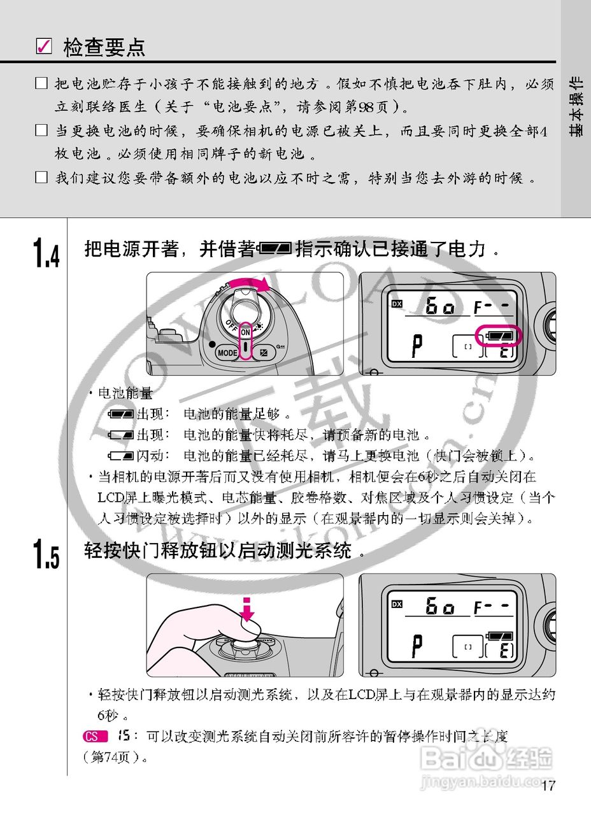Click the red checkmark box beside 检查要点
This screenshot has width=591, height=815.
43,47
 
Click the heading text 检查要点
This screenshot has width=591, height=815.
104,47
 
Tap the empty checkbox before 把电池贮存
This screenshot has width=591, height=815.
41,83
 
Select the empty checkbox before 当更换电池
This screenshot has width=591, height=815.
41,131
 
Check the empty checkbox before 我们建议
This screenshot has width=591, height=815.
41,178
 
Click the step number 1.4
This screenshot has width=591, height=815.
46,253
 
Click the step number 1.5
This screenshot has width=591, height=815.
46,553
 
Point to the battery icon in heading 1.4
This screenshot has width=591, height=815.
276,249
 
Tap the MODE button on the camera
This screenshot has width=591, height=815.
227,352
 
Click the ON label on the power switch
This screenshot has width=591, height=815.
245,332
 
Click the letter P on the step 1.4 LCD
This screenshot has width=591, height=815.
417,346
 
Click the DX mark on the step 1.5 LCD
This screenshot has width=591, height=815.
397,604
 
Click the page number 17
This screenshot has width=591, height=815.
548,786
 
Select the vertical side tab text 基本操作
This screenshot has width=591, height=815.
576,106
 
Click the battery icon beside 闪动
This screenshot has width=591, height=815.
120,456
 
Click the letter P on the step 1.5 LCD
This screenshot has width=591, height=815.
417,647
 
